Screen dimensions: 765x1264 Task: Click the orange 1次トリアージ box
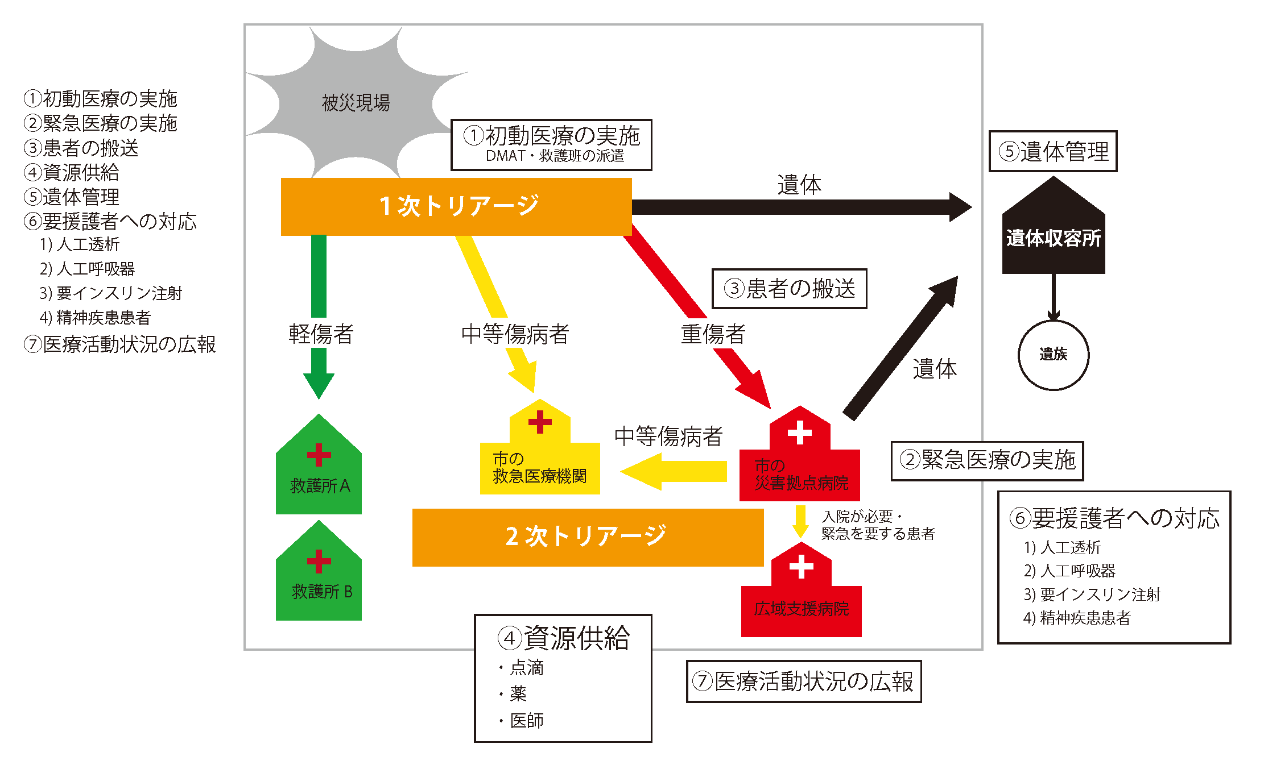pyautogui.click(x=456, y=206)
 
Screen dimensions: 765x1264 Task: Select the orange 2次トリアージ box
pyautogui.click(x=587, y=537)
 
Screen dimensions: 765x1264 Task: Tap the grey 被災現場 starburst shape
pyautogui.click(x=356, y=102)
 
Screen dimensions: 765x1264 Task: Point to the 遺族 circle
pyautogui.click(x=1053, y=355)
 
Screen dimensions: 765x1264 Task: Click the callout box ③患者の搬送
pyautogui.click(x=789, y=289)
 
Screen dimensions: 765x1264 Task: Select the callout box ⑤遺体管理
pyautogui.click(x=1053, y=151)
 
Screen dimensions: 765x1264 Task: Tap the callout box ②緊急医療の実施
pyautogui.click(x=987, y=460)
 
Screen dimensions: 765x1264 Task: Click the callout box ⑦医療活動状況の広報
pyautogui.click(x=803, y=681)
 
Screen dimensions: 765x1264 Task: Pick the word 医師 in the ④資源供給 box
pyautogui.click(x=527, y=721)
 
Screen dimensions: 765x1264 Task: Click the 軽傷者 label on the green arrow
pyautogui.click(x=321, y=334)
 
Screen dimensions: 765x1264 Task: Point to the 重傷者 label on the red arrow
pyautogui.click(x=713, y=334)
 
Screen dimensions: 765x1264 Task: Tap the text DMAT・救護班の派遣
pyautogui.click(x=555, y=156)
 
